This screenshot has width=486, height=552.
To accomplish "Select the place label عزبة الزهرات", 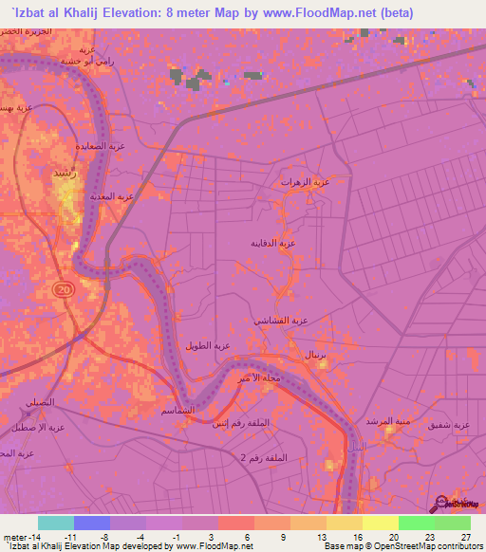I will pyautogui.click(x=304, y=181).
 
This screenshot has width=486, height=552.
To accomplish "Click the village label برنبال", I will pyautogui.click(x=315, y=354).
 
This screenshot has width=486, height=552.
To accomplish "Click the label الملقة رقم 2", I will pyautogui.click(x=234, y=458).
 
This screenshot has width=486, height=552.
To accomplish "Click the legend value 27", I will pyautogui.click(x=465, y=537).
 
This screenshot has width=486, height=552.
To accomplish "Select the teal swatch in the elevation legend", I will pyautogui.click(x=56, y=523).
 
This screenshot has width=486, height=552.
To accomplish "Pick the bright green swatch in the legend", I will pyautogui.click(x=417, y=523).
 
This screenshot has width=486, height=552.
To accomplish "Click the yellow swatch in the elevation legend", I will pyautogui.click(x=381, y=523).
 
